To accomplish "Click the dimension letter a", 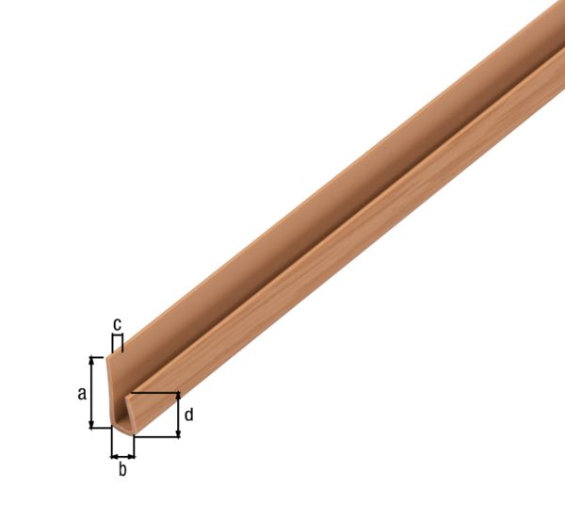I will coord(82,393).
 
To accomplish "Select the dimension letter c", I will coord(117,324).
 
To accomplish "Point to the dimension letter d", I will coord(188,414).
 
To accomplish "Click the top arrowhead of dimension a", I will coord(92,361).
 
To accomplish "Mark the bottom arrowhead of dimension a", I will coord(92,424).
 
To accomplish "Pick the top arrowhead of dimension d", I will coord(178,397).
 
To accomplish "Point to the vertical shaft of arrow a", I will coord(92,393).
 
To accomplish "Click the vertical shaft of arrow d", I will coord(178,415).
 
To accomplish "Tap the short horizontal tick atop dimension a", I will coord(98,357).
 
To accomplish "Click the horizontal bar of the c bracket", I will coord(117,335).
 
